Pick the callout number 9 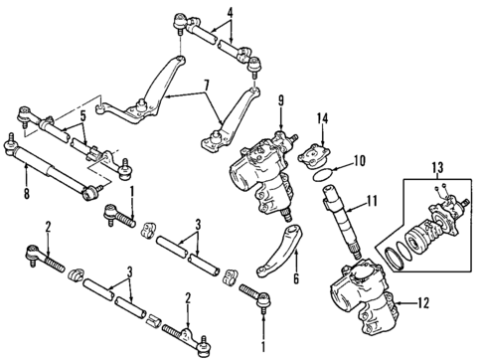tap(281, 99)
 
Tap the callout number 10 tap(360, 159)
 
